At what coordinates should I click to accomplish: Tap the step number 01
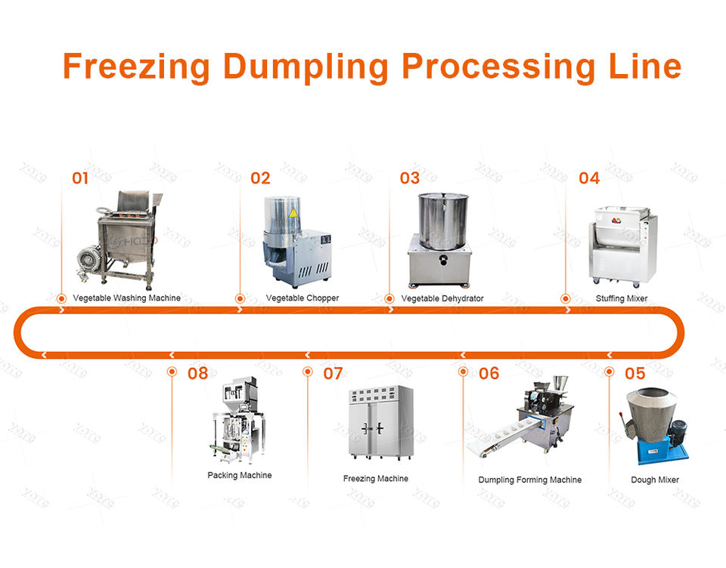tap(80, 178)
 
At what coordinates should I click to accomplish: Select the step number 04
tap(588, 178)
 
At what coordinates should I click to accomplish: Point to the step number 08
tap(197, 372)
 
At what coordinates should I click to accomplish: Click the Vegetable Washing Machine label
tap(126, 298)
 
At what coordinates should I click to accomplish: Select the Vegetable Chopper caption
tap(302, 298)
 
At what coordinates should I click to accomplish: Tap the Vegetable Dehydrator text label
tap(442, 298)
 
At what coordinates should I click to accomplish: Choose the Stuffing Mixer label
tap(621, 298)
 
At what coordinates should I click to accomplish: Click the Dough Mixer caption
tap(654, 480)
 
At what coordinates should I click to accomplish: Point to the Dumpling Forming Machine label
tap(529, 480)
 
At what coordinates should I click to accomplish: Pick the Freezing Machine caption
tap(375, 479)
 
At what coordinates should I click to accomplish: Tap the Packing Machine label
tap(239, 476)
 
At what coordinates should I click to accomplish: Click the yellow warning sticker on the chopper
tap(292, 212)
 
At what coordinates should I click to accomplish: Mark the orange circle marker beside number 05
tap(610, 372)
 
